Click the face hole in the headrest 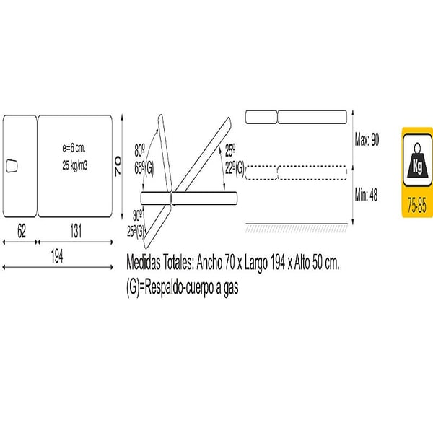click(x=12, y=166)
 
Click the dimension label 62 click(x=22, y=231)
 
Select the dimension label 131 click(x=76, y=231)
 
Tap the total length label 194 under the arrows click(x=57, y=256)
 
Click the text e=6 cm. click(x=74, y=148)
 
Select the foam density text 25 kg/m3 click(x=75, y=165)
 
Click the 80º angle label click(x=140, y=151)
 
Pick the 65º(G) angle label click(x=144, y=168)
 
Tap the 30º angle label click(x=138, y=216)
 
